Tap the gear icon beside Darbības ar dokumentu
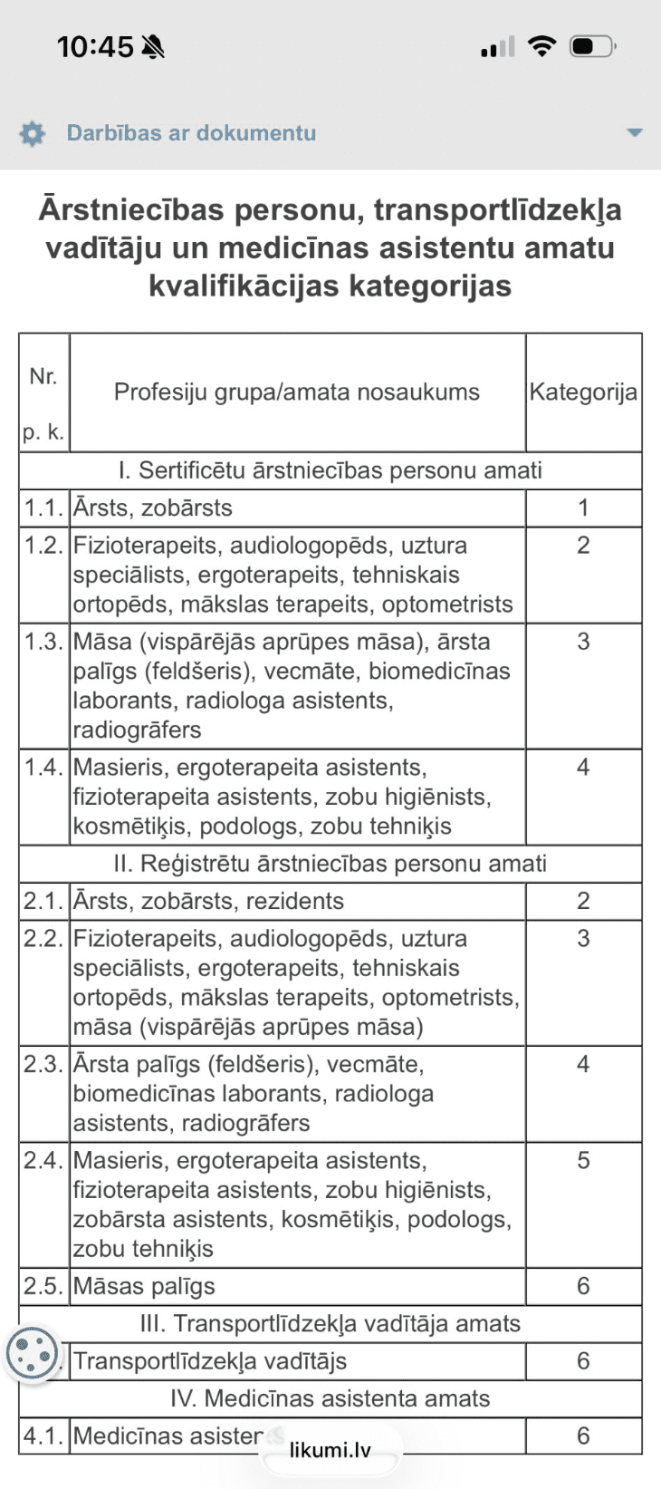[33, 133]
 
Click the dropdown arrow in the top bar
[635, 132]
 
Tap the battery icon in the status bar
[593, 46]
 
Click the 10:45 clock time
[95, 46]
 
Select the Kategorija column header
[583, 392]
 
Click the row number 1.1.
[43, 508]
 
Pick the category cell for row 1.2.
[583, 546]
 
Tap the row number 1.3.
[43, 642]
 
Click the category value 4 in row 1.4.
[583, 768]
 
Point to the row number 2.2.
[43, 939]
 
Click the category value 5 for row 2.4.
[583, 1161]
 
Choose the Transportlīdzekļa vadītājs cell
[210, 1361]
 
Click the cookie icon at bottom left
[32, 1354]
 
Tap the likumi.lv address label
[330, 1450]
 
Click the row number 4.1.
[43, 1436]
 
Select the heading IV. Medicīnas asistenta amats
[330, 1398]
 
